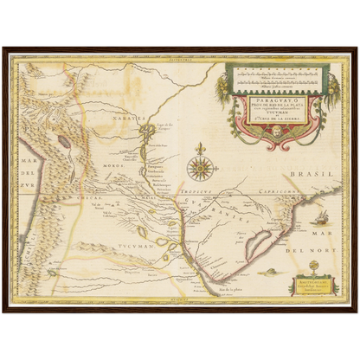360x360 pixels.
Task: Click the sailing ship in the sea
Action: click(319, 215)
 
